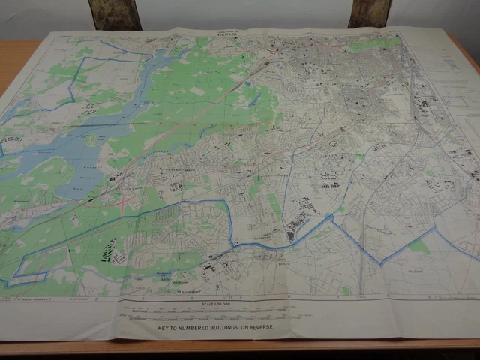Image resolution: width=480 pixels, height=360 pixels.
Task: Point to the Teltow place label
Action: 283,262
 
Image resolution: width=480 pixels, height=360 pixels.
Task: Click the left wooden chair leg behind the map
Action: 115,14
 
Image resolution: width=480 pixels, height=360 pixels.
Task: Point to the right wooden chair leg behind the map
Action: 370,13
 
